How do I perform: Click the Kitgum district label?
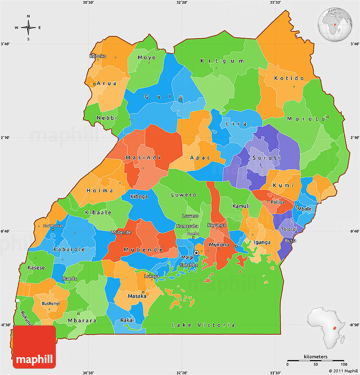pyautogui.click(x=216, y=61)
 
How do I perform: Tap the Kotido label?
pyautogui.click(x=289, y=78)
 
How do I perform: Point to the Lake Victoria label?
pyautogui.click(x=203, y=325)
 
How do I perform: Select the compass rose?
pyautogui.click(x=28, y=28)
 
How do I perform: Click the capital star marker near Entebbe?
pyautogui.click(x=196, y=253)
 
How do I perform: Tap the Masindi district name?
pyautogui.click(x=143, y=158)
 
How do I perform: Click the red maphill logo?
pyautogui.click(x=34, y=347)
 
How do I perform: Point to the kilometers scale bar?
pyautogui.click(x=316, y=360)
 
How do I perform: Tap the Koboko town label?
pyautogui.click(x=98, y=56)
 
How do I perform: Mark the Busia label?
pyautogui.click(x=291, y=241)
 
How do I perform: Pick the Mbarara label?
pyautogui.click(x=82, y=321)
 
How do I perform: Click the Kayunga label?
pyautogui.click(x=216, y=225)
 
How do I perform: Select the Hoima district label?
pyautogui.click(x=100, y=191)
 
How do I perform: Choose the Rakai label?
pyautogui.click(x=127, y=320)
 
